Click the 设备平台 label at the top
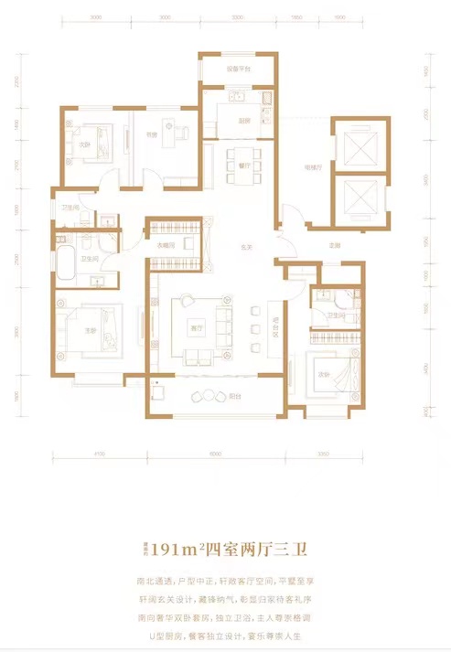tap(227, 69)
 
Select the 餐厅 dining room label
tap(244, 166)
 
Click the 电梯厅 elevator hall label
tap(311, 167)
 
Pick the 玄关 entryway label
tap(246, 244)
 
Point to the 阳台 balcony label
tap(234, 397)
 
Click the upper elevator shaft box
tap(351, 144)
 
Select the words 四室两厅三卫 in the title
tap(260, 549)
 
